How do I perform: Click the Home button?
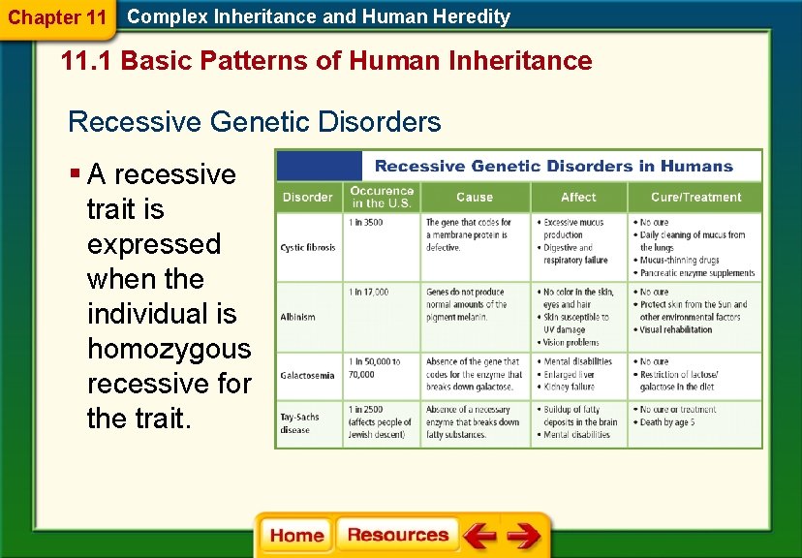click(x=296, y=536)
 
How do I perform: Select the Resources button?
click(x=397, y=536)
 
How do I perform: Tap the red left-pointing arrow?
click(x=479, y=536)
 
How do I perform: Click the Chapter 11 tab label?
click(x=56, y=17)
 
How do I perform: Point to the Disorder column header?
click(x=307, y=198)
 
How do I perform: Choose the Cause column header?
click(x=474, y=198)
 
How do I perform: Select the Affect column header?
click(x=578, y=198)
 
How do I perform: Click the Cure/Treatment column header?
click(x=695, y=198)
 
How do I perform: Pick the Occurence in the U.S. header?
click(x=382, y=197)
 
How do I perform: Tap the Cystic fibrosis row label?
click(x=308, y=248)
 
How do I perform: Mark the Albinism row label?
click(x=298, y=317)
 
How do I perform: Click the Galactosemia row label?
click(x=308, y=374)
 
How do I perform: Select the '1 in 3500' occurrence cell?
click(x=366, y=223)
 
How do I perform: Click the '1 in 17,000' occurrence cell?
click(x=369, y=292)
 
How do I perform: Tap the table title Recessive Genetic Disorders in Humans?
click(x=553, y=166)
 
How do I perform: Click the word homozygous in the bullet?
click(x=169, y=349)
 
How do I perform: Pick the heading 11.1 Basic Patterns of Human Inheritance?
click(x=325, y=62)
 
